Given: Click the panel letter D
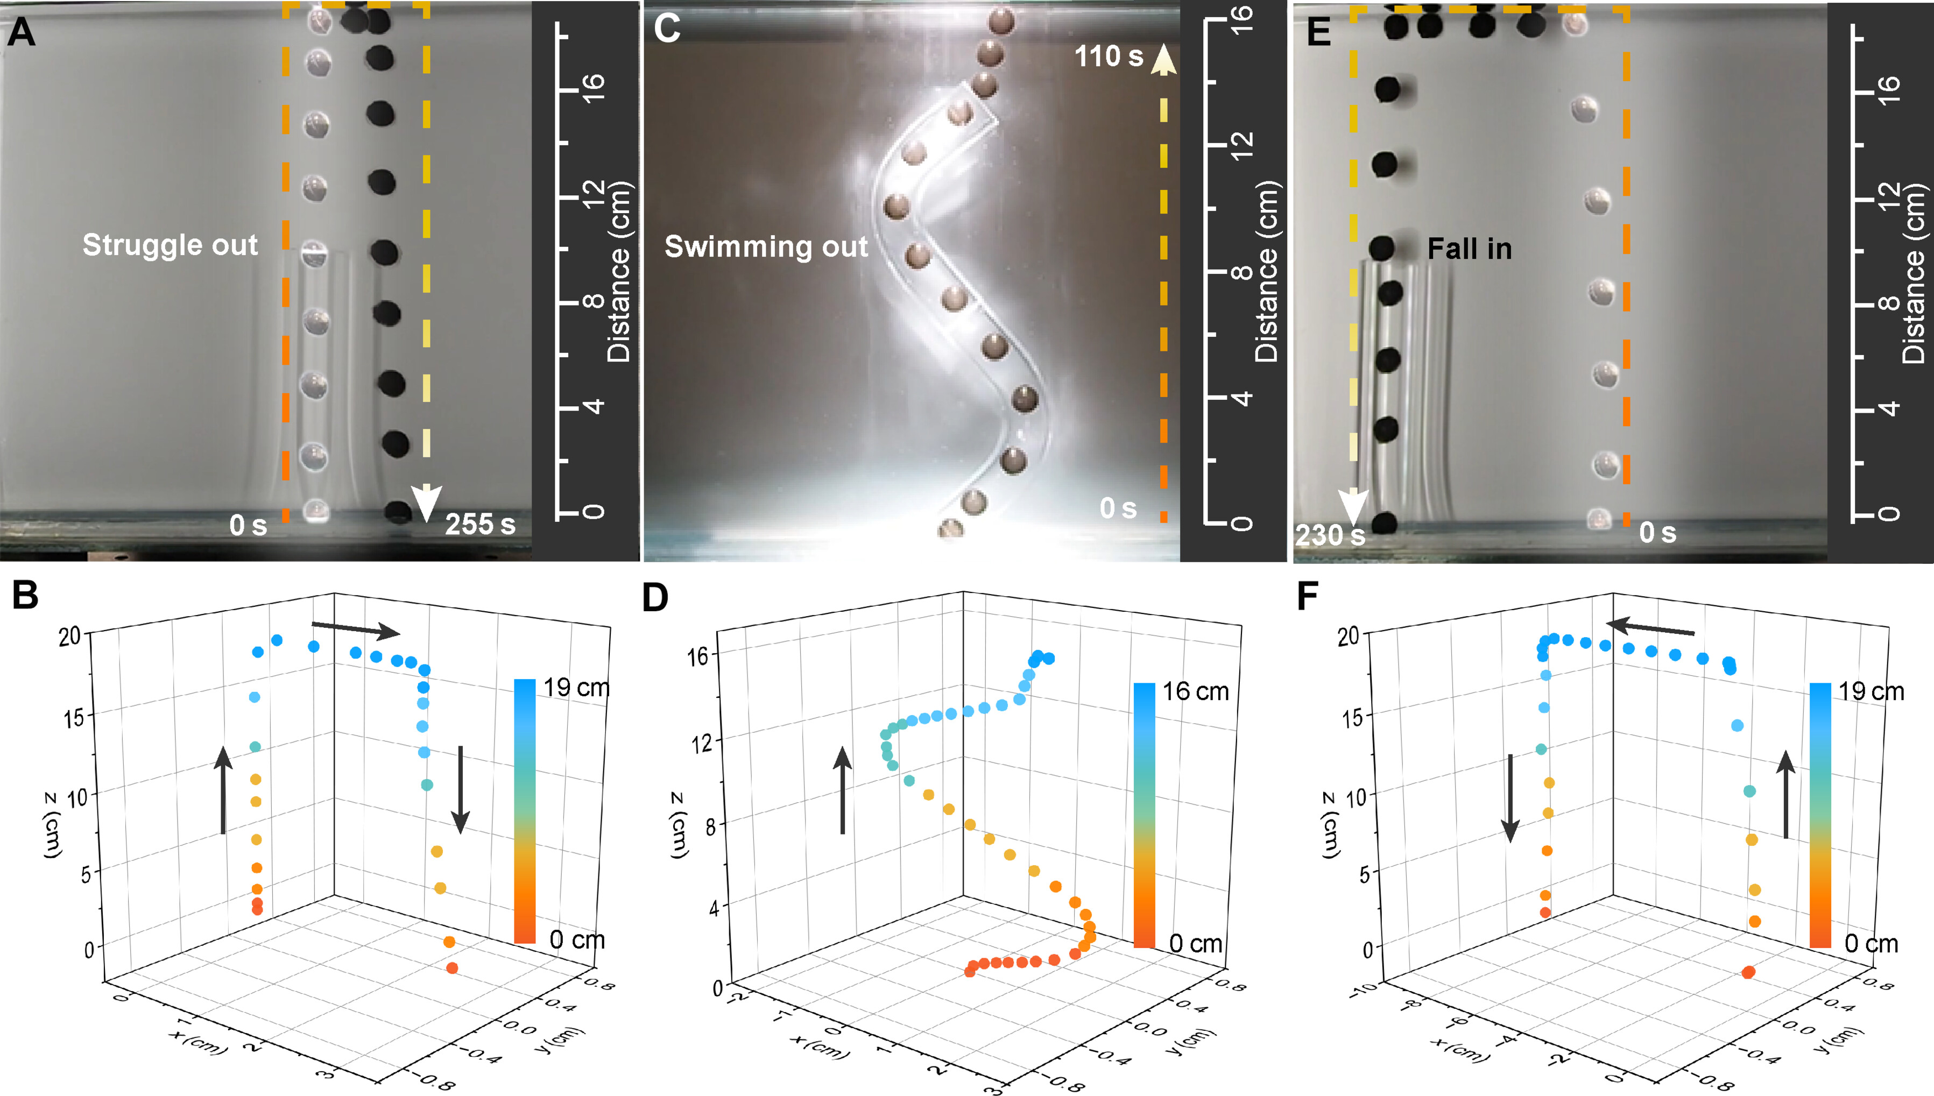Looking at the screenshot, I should pos(655,598).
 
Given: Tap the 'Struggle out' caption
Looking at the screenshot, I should pos(170,245).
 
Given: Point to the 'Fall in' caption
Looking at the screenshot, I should pos(1469,249).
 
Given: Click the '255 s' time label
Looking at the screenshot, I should pos(479,525).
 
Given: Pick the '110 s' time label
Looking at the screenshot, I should pos(1108,56).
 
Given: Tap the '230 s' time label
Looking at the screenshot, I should pos(1330,535).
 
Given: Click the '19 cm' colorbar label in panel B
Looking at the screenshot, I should pos(576,687).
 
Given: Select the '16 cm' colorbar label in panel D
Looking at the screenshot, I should pos(1195,691).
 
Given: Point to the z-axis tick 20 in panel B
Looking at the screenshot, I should pos(69,636).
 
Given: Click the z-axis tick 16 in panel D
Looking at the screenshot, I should pos(698,656).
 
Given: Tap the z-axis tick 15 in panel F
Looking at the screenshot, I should pos(1353,717).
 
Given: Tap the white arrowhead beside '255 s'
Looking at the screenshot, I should pos(426,502).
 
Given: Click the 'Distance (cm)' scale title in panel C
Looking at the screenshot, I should pos(1266,272).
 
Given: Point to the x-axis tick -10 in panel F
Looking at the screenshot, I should pos(1363,991).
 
